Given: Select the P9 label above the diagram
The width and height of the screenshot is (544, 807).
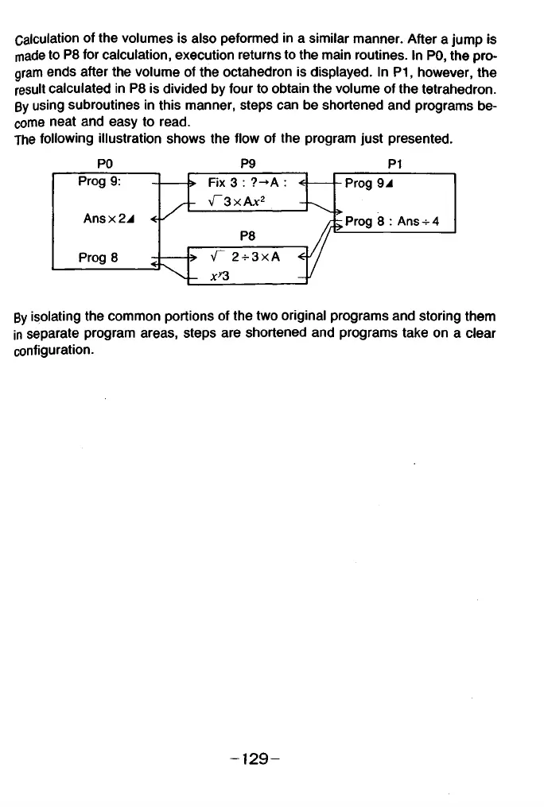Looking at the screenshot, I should [247, 165].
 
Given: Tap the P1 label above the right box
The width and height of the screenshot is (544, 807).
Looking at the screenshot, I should [395, 165].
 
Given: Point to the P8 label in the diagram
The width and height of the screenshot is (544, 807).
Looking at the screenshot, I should [247, 235].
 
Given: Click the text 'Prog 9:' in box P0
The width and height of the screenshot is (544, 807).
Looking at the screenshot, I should [99, 181].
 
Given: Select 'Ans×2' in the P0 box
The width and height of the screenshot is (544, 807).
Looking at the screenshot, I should [110, 218].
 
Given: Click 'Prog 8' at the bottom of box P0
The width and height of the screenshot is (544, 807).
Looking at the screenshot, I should [99, 257].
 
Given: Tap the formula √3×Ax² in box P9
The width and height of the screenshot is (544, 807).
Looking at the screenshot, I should [235, 201].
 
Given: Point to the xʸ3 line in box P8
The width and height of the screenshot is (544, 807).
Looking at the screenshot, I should [219, 274].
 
